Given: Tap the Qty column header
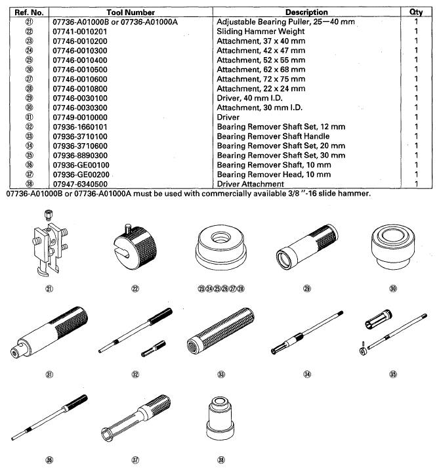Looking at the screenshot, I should pyautogui.click(x=415, y=12).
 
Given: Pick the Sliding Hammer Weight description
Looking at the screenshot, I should pyautogui.click(x=261, y=31).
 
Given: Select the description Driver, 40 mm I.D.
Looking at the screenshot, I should pyautogui.click(x=253, y=97).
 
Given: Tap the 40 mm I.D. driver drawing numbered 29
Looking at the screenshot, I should pyautogui.click(x=305, y=243).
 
